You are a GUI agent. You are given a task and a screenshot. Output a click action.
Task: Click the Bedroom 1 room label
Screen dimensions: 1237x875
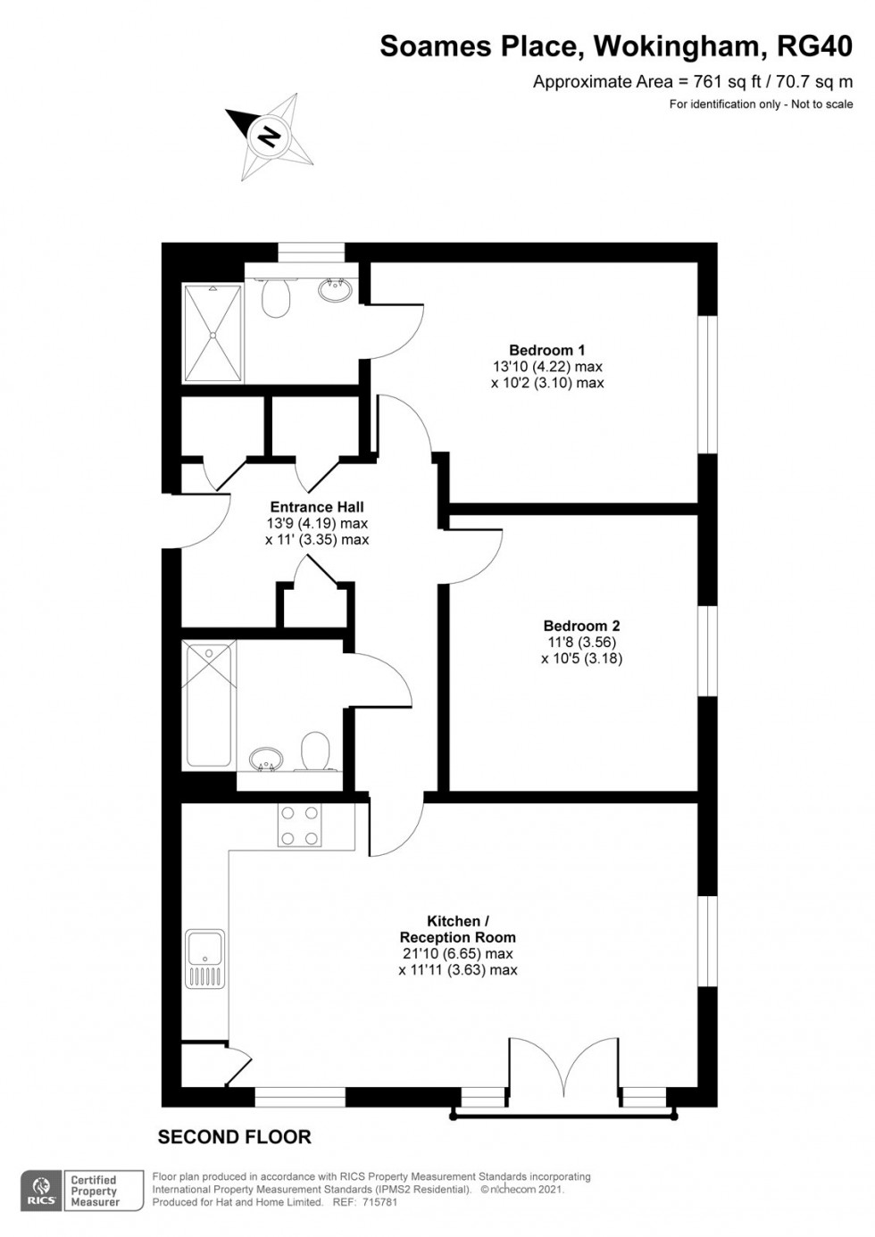click(547, 350)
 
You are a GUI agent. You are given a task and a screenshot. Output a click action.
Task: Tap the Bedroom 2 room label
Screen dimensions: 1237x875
click(581, 627)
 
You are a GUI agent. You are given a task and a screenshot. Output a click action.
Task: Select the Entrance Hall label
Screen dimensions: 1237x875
click(317, 508)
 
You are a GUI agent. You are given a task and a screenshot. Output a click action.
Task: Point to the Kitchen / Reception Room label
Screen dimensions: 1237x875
click(457, 929)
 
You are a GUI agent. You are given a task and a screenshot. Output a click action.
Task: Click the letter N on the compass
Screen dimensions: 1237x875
click(269, 137)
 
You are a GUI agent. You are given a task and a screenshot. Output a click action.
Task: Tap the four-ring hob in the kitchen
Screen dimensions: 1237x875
click(300, 826)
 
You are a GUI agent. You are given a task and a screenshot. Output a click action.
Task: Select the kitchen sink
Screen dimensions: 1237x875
click(205, 959)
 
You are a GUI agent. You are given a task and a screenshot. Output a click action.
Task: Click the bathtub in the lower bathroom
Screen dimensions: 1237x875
click(210, 703)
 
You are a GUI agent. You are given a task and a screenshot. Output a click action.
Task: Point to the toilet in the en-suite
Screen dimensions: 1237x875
click(277, 298)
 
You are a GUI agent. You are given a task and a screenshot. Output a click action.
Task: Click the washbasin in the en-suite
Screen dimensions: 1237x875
click(337, 288)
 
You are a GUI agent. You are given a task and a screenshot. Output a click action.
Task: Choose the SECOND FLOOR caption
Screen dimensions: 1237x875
click(234, 1137)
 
